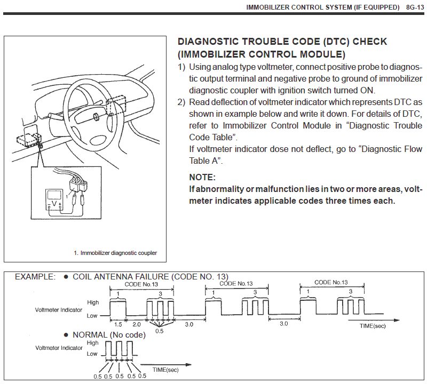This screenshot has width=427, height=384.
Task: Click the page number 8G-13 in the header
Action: [x=414, y=7]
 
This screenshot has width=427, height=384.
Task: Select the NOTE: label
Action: [x=202, y=177]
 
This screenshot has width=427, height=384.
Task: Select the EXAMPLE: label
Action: [x=35, y=277]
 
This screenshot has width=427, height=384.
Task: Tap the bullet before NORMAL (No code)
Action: [x=66, y=335]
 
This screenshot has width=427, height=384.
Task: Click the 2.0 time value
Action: [x=137, y=324]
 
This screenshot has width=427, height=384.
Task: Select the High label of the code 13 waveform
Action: [x=93, y=302]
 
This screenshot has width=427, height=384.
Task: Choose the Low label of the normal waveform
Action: [x=92, y=354]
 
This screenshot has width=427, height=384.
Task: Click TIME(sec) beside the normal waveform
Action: [x=166, y=369]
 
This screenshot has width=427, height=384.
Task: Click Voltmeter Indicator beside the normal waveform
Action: [x=59, y=348]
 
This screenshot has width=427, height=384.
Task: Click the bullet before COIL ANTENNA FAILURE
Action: [x=66, y=277]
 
